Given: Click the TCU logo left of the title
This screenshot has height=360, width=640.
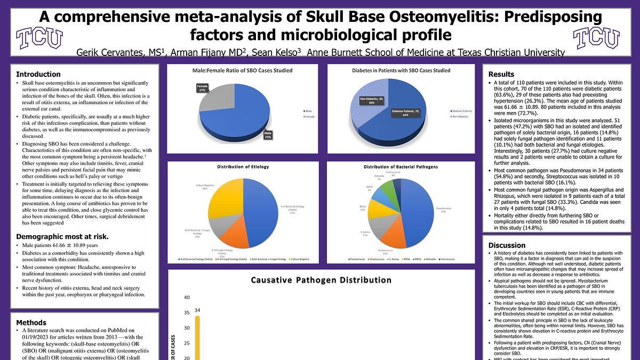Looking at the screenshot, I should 39,38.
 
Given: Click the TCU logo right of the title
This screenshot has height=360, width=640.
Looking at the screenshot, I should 596,38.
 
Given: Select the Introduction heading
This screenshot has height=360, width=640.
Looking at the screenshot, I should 38,74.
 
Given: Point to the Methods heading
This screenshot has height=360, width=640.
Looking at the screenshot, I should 31,323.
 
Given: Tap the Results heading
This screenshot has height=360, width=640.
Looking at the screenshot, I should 501,74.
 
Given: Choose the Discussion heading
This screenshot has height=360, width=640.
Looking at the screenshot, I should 507,245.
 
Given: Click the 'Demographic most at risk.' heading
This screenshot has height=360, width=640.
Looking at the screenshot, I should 62,237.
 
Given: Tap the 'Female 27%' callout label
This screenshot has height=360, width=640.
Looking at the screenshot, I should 202,88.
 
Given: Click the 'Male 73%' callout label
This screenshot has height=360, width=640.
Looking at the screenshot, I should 268,135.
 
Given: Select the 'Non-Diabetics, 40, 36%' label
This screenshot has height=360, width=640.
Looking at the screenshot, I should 372,101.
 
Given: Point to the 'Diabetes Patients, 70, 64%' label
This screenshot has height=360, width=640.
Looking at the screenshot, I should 406,113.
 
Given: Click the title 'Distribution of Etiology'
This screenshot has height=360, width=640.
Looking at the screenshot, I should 243,167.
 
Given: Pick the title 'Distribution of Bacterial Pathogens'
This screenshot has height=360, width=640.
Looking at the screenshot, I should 401,167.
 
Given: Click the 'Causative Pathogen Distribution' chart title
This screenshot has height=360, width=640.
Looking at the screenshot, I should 321,280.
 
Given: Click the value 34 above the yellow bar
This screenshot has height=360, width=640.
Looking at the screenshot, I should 197,310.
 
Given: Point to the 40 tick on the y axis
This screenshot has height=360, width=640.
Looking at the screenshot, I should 187,298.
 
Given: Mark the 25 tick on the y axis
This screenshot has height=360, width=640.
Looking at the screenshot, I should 187,343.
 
